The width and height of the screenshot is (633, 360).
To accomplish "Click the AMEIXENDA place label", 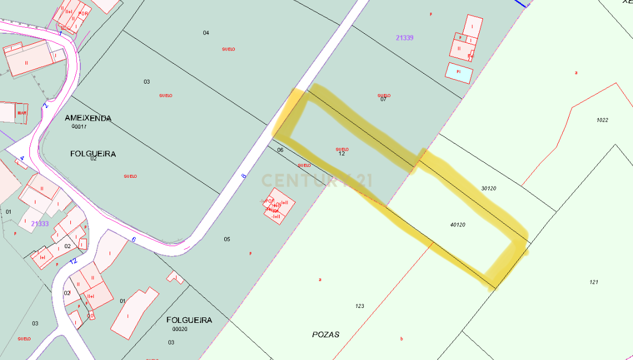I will (88, 118).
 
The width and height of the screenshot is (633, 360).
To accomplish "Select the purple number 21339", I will (405, 38).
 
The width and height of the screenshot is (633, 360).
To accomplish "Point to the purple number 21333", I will (40, 224).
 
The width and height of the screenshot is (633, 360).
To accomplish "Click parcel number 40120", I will (457, 224).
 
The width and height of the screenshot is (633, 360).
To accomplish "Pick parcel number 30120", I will (488, 188).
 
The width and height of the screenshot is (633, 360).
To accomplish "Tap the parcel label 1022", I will (602, 120).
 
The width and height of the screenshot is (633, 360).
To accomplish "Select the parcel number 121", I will (594, 282).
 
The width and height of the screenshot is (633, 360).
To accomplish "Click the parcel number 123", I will (359, 306).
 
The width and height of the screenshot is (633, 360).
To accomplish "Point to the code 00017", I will (79, 126).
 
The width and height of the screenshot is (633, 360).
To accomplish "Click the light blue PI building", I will (459, 72).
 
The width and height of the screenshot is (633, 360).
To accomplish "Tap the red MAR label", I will (22, 113).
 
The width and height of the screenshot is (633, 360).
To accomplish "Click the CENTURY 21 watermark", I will (317, 181).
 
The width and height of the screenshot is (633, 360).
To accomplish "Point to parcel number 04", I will (206, 33).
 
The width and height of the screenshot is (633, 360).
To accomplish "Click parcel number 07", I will (383, 100).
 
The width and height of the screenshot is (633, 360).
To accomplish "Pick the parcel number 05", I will (227, 239).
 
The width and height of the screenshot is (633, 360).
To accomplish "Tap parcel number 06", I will (280, 150).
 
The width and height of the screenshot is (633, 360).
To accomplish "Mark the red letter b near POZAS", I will (401, 339).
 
